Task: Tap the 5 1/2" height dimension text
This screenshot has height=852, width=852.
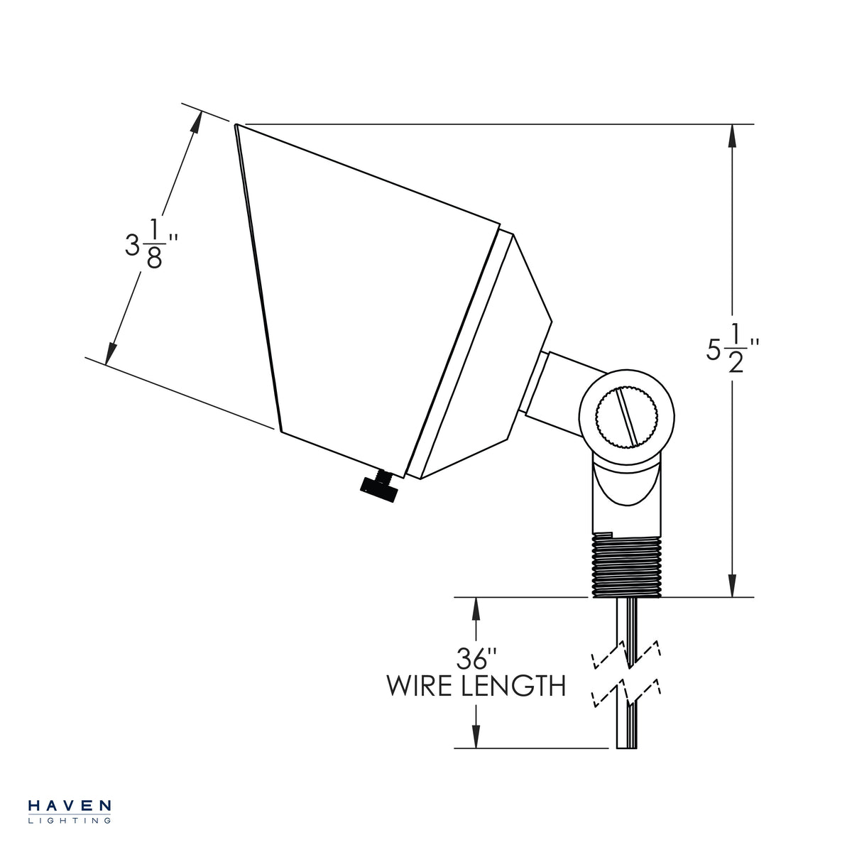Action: coord(732,349)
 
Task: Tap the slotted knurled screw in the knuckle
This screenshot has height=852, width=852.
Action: coord(626,416)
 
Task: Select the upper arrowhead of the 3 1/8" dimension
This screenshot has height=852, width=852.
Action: coord(196,122)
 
